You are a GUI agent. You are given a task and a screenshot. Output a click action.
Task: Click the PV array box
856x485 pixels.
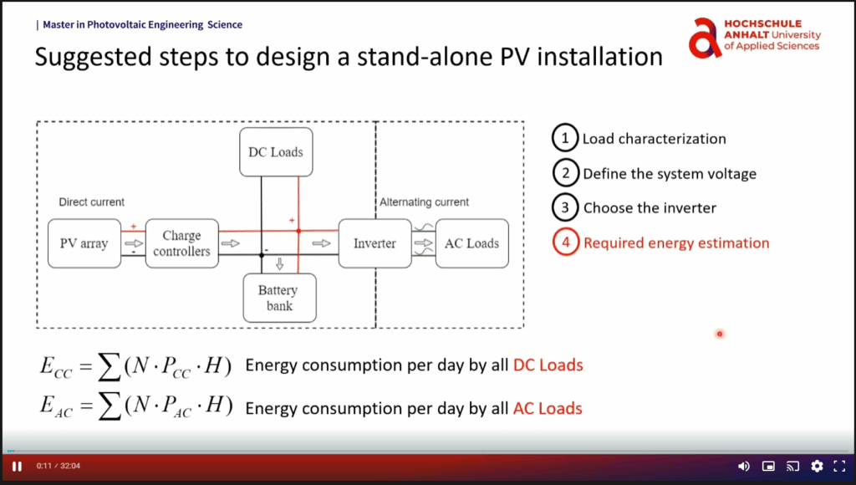84,243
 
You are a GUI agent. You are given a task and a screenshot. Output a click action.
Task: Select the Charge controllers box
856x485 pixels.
181,243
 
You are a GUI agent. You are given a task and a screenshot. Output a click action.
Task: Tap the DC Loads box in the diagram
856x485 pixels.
276,152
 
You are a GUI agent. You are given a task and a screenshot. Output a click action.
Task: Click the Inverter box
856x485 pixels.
374,243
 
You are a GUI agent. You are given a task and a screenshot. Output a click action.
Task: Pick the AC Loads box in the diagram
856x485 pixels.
471,243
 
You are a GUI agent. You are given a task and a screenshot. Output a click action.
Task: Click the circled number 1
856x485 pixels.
565,138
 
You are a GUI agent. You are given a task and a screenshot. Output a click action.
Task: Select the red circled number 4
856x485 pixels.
565,243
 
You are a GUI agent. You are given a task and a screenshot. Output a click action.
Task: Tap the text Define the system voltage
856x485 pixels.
669,174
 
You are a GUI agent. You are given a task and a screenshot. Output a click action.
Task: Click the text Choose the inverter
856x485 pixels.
650,208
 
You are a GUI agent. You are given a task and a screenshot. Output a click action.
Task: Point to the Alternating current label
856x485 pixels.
424,202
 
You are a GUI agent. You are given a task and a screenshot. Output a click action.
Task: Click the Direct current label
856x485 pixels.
92,202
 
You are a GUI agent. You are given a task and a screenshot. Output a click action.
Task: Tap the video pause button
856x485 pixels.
17,466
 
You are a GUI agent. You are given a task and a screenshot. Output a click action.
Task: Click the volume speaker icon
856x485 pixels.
743,466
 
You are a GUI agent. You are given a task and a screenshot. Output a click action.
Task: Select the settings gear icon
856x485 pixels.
817,466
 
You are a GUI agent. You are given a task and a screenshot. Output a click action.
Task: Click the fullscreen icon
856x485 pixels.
840,466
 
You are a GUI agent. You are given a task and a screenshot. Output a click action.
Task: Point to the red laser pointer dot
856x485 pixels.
719,334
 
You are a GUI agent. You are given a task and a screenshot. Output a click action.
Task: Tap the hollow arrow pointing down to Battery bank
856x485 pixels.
280,265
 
